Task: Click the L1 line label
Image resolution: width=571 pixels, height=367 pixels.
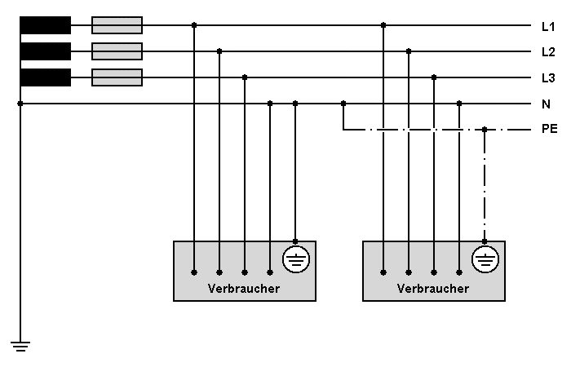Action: [548, 26]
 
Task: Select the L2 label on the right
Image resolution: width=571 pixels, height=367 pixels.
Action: [548, 52]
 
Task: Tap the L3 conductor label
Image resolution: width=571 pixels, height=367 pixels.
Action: [548, 78]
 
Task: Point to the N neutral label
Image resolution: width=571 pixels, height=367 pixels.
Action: [547, 104]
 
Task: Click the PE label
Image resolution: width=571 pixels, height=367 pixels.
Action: [550, 130]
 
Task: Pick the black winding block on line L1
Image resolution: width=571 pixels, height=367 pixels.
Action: [45, 25]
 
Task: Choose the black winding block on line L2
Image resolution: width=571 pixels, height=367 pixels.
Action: [45, 51]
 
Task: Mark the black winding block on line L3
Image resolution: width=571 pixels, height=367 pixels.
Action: [45, 77]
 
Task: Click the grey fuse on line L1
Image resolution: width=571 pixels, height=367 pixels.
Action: [117, 25]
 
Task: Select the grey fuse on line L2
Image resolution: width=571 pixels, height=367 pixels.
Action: [117, 51]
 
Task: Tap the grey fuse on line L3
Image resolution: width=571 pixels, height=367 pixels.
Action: [117, 77]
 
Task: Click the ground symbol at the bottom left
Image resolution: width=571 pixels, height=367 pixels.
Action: [20, 346]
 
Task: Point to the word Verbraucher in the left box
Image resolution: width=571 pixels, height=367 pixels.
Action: [244, 289]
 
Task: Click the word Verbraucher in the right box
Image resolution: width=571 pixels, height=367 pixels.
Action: [433, 289]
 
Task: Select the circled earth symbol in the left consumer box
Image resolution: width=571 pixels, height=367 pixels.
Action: [295, 260]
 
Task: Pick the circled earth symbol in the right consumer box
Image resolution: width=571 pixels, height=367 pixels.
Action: [485, 260]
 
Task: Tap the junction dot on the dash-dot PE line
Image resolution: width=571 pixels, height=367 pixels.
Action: [485, 130]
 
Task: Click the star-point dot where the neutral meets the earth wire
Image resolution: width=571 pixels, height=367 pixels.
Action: [20, 104]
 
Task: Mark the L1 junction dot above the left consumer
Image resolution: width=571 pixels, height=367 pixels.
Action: [194, 25]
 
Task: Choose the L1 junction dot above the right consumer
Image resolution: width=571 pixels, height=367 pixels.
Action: [383, 25]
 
